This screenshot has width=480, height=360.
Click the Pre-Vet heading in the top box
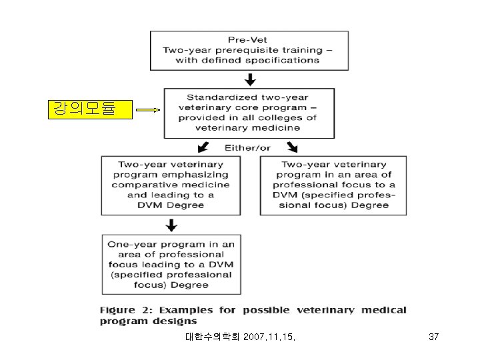point(250,39)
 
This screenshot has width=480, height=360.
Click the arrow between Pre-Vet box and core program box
point(250,79)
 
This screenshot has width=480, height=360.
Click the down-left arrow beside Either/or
point(204,147)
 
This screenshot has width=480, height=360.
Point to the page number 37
point(433,337)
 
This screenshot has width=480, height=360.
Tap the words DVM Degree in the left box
point(171,205)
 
